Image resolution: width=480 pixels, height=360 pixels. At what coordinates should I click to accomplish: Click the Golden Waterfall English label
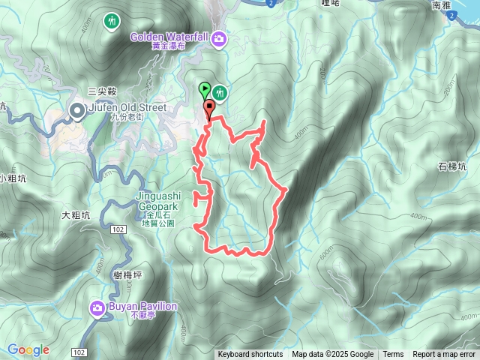[169, 36]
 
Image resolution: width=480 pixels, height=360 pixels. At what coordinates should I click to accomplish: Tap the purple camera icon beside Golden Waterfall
[219, 37]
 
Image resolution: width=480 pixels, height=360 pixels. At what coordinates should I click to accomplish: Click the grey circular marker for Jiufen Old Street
[77, 112]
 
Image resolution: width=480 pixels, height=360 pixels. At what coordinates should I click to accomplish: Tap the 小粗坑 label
[13, 178]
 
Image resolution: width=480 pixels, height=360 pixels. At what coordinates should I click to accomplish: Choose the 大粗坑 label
[76, 215]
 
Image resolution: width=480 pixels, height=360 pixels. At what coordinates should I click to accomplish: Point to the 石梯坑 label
[453, 166]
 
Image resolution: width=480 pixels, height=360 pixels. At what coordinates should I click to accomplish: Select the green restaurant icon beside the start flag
[220, 92]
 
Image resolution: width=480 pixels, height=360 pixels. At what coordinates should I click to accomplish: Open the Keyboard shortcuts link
[250, 355]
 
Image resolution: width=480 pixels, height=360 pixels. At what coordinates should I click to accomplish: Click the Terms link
[393, 355]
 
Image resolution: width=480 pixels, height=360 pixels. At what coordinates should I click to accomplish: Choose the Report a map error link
[444, 355]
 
